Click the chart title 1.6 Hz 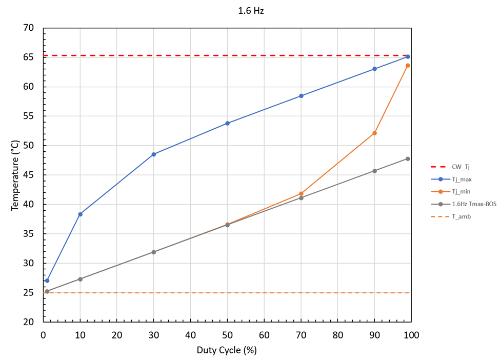[x=251, y=10]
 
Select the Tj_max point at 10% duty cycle [x=80, y=214]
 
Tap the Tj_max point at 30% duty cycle [x=153, y=154]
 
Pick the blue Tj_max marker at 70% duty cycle [x=301, y=96]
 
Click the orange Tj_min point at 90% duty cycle [x=374, y=133]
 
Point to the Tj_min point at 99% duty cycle [x=408, y=65]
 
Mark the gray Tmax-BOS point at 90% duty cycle [x=374, y=171]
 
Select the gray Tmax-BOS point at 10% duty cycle [x=80, y=279]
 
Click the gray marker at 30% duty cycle [x=153, y=252]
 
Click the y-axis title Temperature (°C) [x=16, y=175]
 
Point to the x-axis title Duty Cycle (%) [x=227, y=350]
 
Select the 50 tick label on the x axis [x=227, y=335]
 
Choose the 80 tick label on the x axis [x=337, y=335]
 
